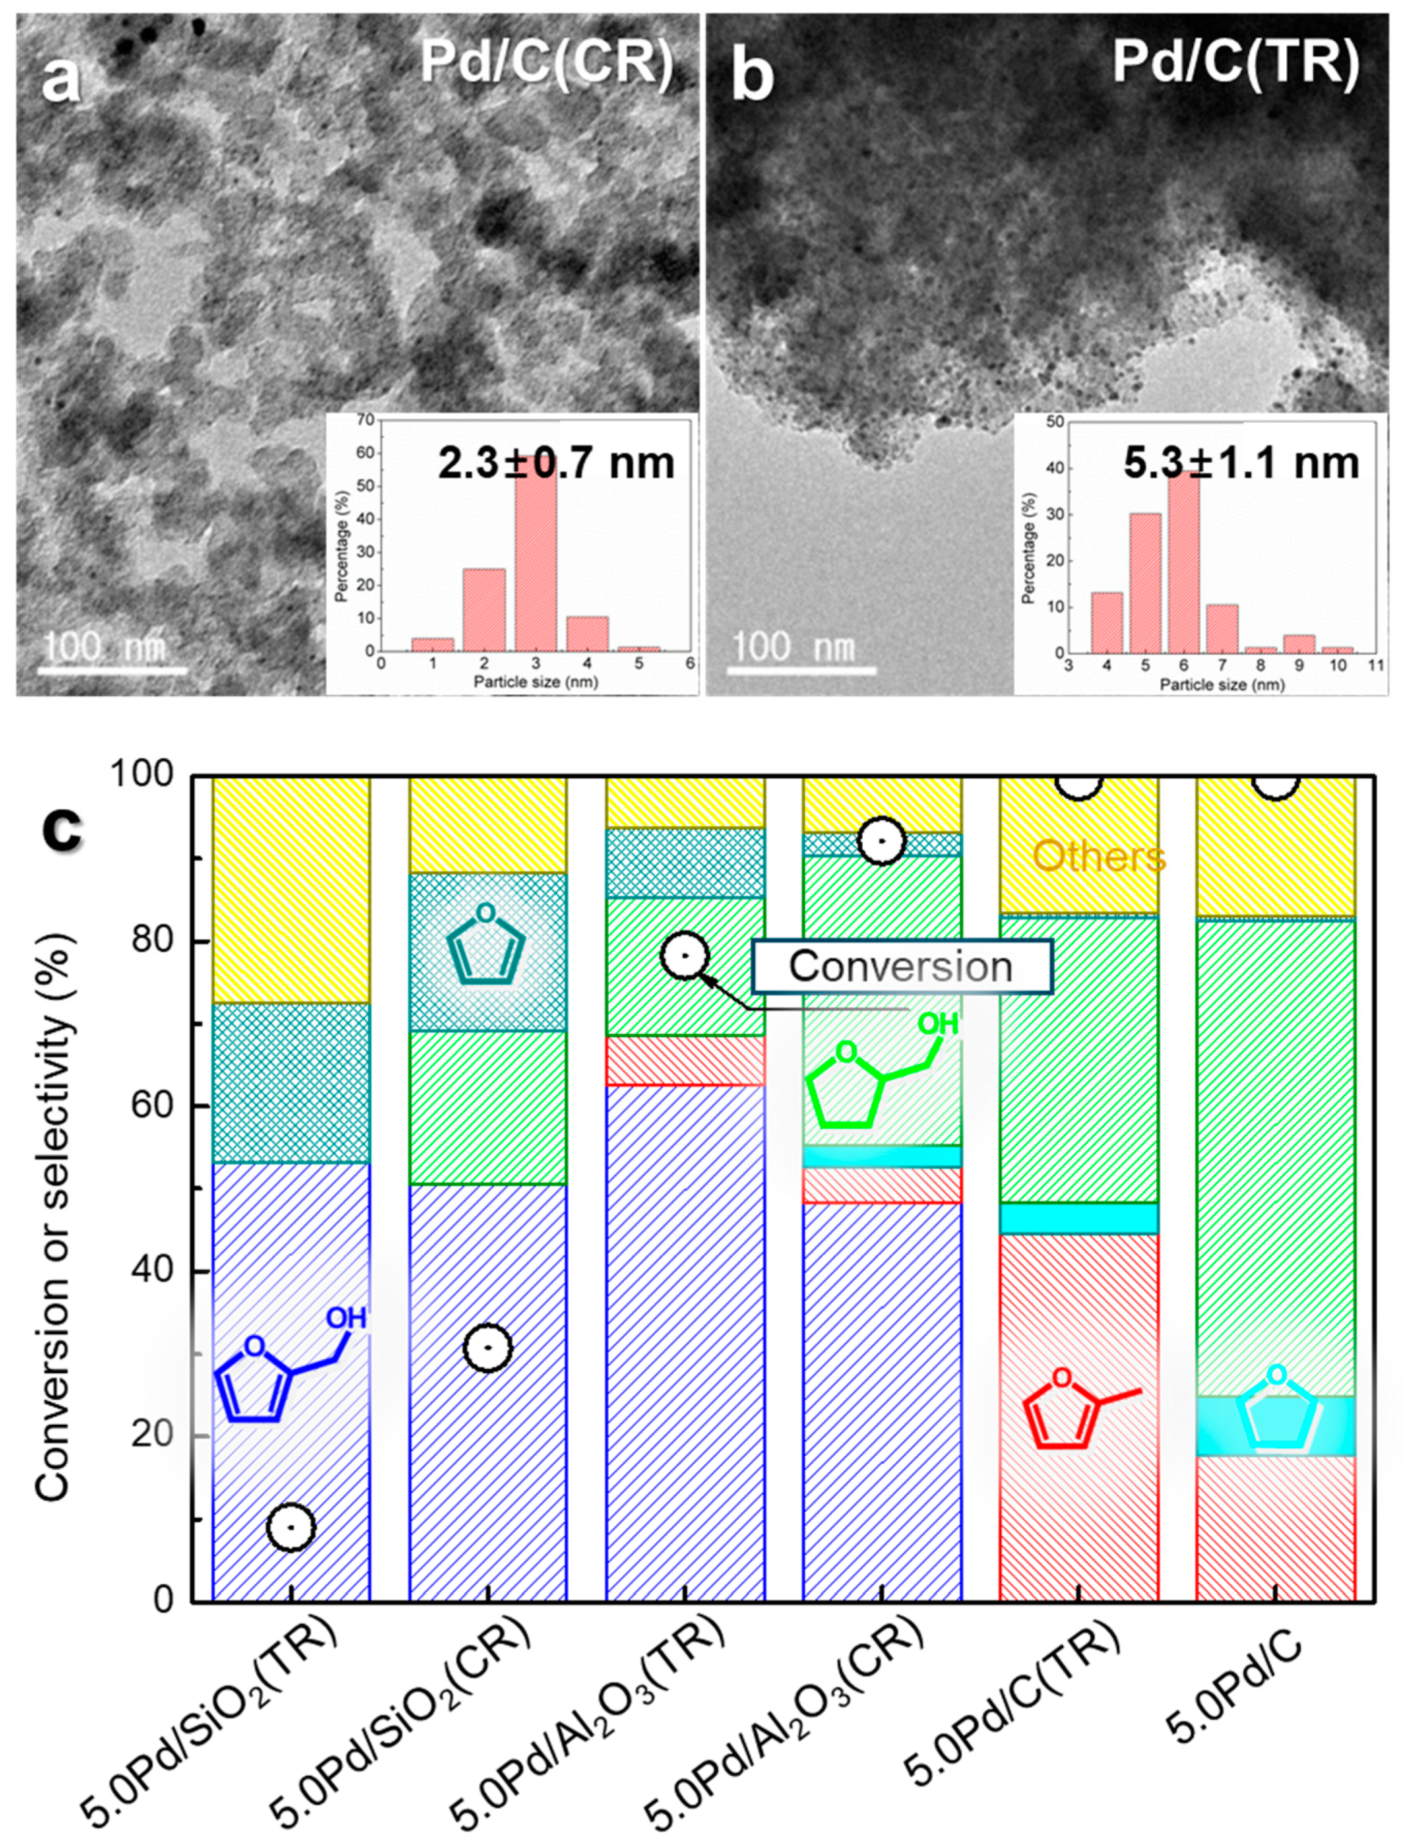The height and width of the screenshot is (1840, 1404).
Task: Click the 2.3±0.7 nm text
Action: pos(556,463)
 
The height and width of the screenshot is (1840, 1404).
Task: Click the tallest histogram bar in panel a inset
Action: pos(536,560)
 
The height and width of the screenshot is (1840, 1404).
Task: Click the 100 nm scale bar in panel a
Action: pos(113,669)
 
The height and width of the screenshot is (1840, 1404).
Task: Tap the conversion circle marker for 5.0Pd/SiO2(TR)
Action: pos(291,1527)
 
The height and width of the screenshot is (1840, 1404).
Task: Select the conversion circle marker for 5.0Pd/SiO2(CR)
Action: pos(488,1347)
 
